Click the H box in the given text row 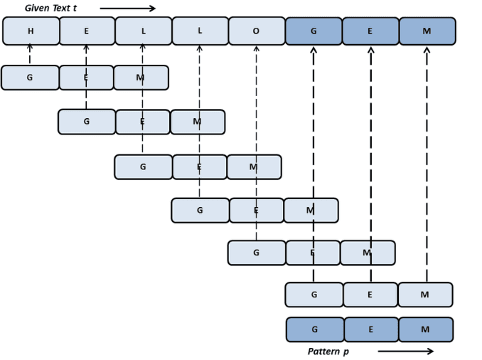click(31, 31)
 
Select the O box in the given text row click(256, 31)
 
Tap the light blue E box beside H click(87, 31)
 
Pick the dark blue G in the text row click(314, 31)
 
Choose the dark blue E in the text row click(370, 31)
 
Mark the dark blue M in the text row click(427, 31)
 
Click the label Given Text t click(50, 9)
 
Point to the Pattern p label click(328, 351)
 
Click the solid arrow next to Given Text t click(127, 9)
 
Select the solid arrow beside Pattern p click(405, 351)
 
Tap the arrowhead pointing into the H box click(30, 47)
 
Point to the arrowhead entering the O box click(256, 49)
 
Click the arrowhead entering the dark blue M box click(427, 50)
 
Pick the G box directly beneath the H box click(30, 78)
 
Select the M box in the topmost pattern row click(141, 78)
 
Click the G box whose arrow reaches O click(256, 253)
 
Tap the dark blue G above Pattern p click(315, 329)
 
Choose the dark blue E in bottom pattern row click(370, 329)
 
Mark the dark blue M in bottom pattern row click(425, 329)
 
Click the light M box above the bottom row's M click(425, 295)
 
